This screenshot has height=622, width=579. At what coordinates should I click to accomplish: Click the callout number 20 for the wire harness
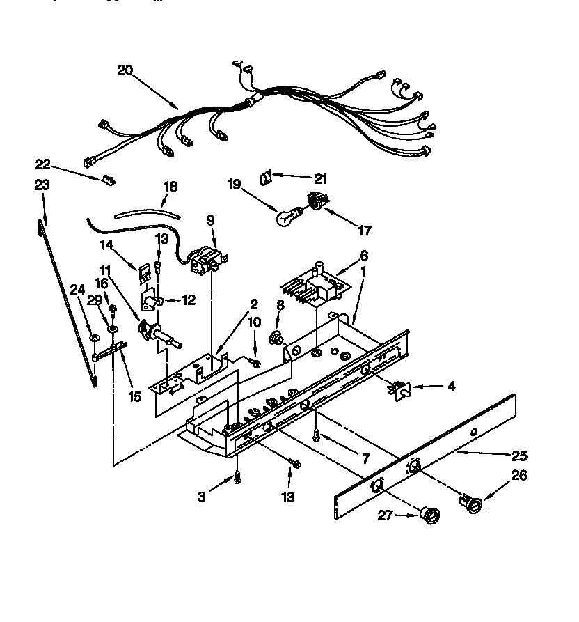(125, 70)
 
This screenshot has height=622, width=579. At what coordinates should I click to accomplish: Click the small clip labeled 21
(266, 178)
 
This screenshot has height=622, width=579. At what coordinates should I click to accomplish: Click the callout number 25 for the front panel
(518, 456)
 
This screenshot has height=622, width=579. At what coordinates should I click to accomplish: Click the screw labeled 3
(238, 477)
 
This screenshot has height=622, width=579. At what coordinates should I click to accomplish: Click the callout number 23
(42, 185)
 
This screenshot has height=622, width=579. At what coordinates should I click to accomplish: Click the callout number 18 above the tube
(170, 187)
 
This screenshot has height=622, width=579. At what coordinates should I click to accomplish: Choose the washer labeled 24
(93, 338)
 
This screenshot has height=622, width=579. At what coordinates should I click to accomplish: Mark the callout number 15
(134, 396)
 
